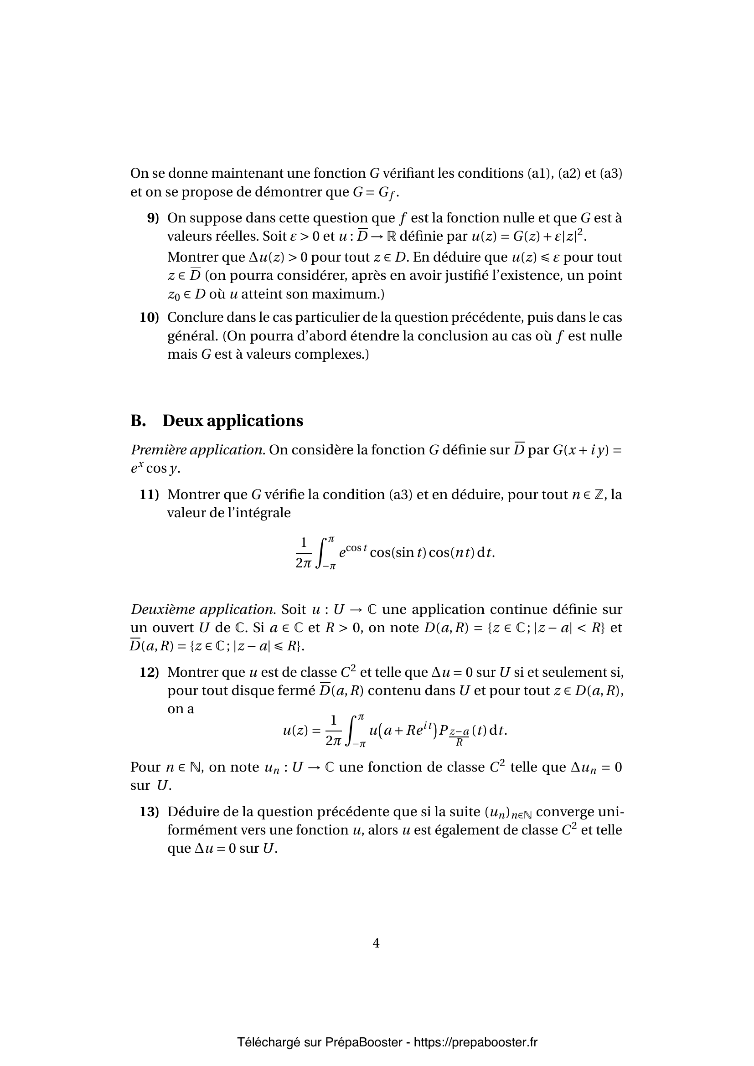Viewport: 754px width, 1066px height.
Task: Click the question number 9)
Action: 153,218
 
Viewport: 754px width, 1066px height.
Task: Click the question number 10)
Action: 149,318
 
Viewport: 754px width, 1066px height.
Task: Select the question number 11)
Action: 149,494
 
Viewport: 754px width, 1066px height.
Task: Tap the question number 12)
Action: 149,672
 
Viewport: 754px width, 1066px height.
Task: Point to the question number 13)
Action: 149,812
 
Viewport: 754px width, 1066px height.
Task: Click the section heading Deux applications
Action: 232,421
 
